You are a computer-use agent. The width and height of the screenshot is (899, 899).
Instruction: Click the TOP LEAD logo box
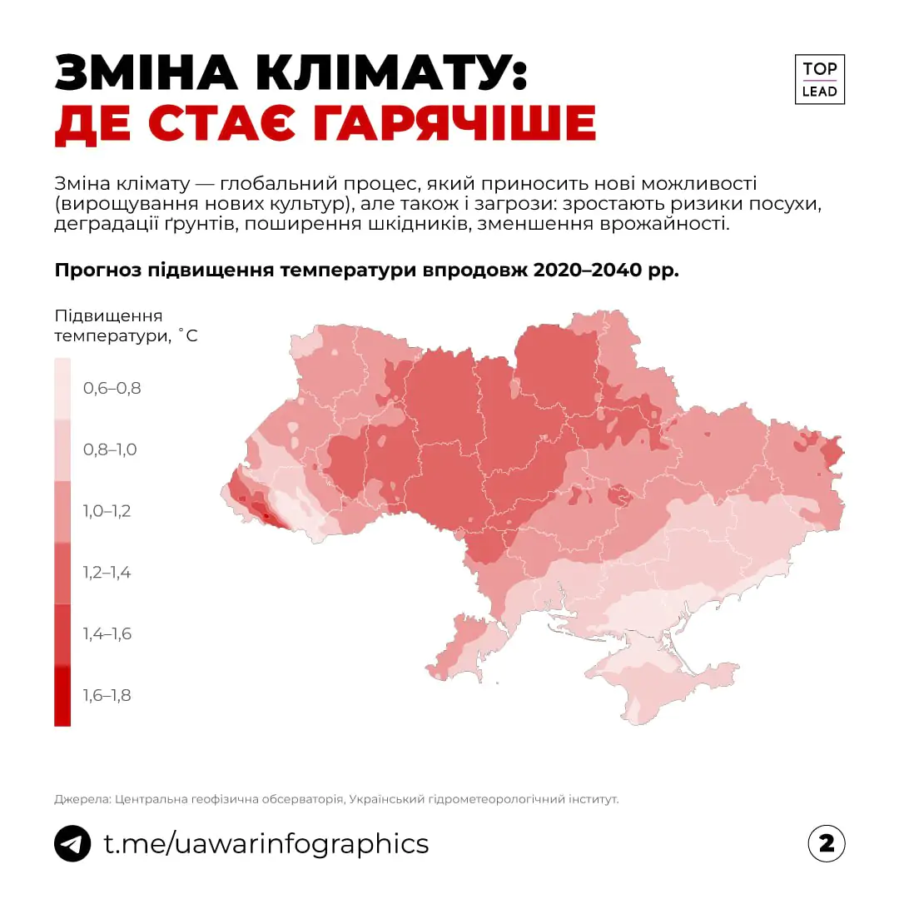coord(819,80)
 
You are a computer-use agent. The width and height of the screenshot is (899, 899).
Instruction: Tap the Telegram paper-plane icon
coord(72,843)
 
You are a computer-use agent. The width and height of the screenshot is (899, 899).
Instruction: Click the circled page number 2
coord(826,843)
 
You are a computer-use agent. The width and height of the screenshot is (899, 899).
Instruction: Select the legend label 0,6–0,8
coord(112,388)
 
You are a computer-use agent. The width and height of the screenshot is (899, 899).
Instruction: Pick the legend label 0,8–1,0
coord(109,449)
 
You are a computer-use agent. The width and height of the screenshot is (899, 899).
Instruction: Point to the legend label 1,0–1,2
coord(107,511)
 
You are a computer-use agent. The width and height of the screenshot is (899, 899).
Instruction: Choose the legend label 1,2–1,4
coord(107,573)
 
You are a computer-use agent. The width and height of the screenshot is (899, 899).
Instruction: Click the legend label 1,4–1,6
coord(107,634)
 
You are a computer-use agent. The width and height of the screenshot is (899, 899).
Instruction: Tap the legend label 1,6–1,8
coord(107,696)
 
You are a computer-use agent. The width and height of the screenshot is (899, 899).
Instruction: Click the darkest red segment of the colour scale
coord(62,696)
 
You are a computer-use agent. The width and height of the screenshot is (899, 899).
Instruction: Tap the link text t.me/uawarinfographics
coord(266,843)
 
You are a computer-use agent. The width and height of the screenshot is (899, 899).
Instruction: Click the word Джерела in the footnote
coord(82,799)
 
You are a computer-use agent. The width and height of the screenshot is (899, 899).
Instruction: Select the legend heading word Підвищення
coord(108,316)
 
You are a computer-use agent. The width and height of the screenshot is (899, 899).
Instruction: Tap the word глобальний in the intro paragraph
coord(290,182)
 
